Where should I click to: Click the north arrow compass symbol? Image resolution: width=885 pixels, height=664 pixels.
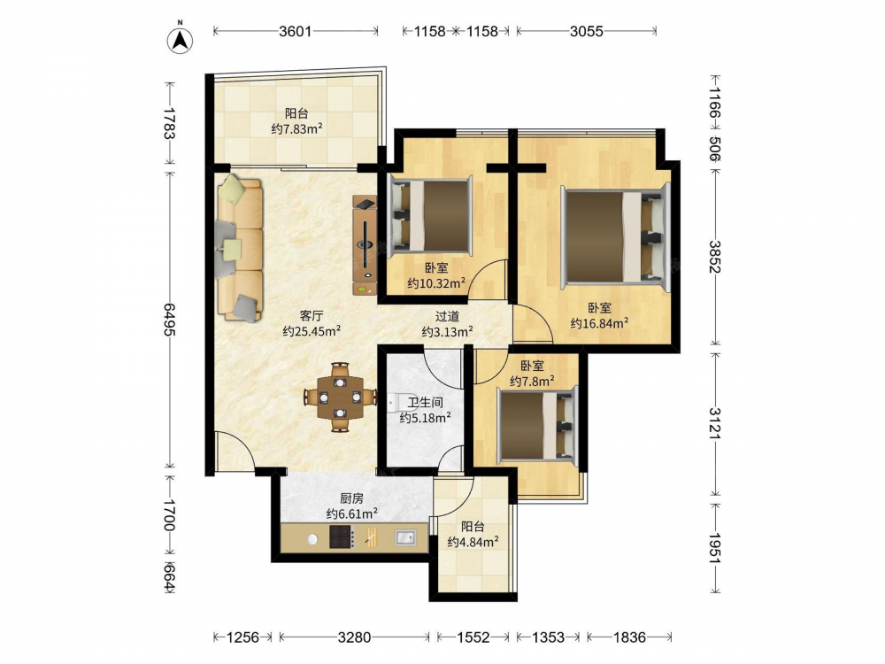pyautogui.click(x=180, y=40)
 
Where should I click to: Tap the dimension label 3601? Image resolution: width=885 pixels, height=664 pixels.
pyautogui.click(x=296, y=31)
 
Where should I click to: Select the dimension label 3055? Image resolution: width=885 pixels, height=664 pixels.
pyautogui.click(x=587, y=31)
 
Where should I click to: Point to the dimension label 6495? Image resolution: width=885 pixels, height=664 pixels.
pyautogui.click(x=170, y=319)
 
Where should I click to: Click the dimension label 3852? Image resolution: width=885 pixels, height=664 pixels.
pyautogui.click(x=715, y=257)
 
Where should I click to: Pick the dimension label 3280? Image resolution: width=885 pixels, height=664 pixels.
pyautogui.click(x=355, y=637)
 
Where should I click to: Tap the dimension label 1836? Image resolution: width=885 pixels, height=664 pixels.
pyautogui.click(x=629, y=637)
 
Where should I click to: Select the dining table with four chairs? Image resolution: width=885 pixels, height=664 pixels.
pyautogui.click(x=340, y=398)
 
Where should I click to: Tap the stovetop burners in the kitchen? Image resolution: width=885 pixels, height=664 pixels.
pyautogui.click(x=342, y=537)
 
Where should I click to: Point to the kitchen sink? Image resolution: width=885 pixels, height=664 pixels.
pyautogui.click(x=404, y=537)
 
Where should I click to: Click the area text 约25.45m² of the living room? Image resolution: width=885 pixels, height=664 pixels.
pyautogui.click(x=311, y=331)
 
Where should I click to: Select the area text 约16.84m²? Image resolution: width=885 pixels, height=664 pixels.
pyautogui.click(x=599, y=323)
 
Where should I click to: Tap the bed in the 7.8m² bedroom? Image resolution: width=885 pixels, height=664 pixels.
pyautogui.click(x=538, y=425)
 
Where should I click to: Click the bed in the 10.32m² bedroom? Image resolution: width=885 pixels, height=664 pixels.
pyautogui.click(x=430, y=214)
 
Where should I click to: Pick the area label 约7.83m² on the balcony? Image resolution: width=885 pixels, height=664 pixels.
pyautogui.click(x=296, y=128)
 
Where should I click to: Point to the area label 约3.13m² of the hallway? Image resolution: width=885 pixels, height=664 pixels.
pyautogui.click(x=447, y=332)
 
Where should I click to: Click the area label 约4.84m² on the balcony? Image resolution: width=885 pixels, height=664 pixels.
pyautogui.click(x=473, y=542)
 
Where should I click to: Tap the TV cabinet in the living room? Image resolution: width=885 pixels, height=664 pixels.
pyautogui.click(x=365, y=244)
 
